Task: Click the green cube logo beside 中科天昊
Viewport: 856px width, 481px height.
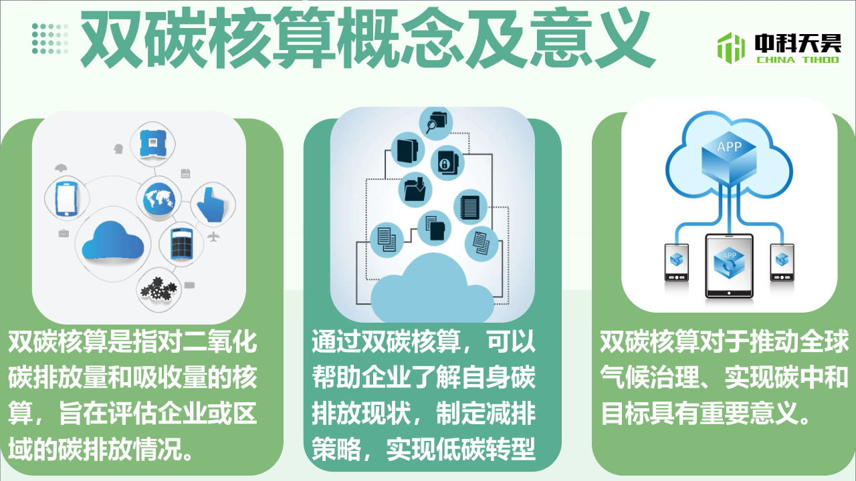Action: pos(731,47)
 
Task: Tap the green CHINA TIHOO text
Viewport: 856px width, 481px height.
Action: pos(798,59)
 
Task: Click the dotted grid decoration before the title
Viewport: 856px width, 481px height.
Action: pos(49,39)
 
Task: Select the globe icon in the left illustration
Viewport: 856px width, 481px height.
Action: pos(159,199)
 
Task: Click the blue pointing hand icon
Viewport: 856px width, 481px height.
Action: pos(213,204)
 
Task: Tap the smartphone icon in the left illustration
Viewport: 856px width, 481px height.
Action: pos(67,199)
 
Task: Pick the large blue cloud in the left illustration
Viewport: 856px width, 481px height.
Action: pos(113,242)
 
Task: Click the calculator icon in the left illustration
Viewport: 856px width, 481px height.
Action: pos(181,244)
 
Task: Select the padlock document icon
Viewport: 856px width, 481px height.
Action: pos(447,164)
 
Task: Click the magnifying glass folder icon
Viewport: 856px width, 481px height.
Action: pos(435,123)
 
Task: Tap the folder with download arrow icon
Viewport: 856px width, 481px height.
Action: pos(415,189)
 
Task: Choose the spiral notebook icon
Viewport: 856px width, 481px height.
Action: pos(470,207)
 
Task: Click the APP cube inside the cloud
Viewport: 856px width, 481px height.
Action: pos(729,156)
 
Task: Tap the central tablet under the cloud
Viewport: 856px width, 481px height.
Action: pos(729,266)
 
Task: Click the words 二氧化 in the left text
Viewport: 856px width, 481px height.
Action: pos(219,341)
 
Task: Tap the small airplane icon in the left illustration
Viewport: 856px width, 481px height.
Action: pos(213,236)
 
